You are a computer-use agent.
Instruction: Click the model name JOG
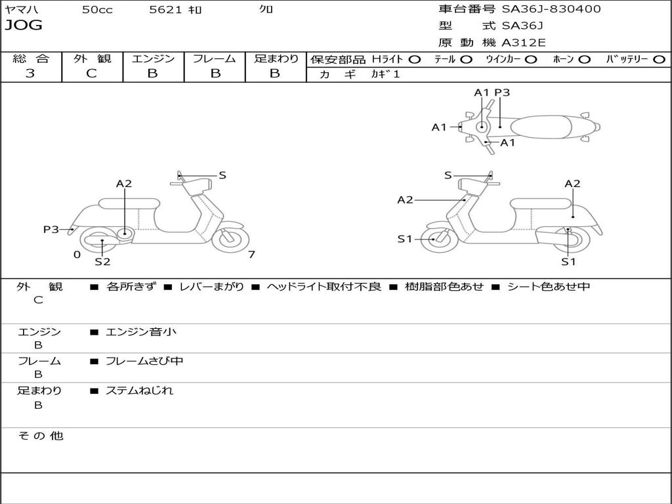click(24, 26)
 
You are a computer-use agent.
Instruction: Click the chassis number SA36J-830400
click(551, 9)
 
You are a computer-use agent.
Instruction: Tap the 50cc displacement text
click(96, 9)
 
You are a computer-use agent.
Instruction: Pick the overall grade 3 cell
click(30, 73)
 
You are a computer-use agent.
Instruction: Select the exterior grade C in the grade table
click(92, 73)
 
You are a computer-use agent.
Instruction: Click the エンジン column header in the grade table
click(153, 59)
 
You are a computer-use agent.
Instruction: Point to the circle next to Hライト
click(415, 60)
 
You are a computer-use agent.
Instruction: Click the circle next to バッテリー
click(659, 60)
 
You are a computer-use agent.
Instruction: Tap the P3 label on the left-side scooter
click(51, 230)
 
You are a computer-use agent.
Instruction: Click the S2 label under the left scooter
click(102, 262)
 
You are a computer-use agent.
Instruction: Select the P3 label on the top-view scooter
click(502, 93)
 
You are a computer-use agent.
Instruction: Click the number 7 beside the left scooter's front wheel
click(251, 255)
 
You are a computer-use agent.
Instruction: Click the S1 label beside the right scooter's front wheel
click(405, 239)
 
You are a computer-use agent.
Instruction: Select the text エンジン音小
click(141, 332)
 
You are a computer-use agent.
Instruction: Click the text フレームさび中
click(144, 361)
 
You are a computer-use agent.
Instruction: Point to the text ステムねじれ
click(140, 390)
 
